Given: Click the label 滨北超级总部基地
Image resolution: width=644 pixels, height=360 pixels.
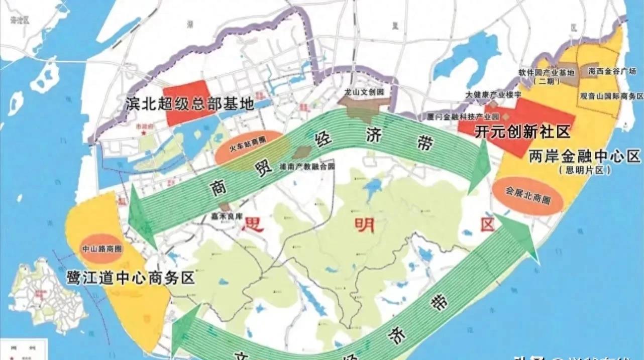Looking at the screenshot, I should (190, 104).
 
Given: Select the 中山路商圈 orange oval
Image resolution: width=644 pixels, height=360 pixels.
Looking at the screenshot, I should (101, 248).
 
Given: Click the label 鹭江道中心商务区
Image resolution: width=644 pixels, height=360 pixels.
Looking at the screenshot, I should (131, 278).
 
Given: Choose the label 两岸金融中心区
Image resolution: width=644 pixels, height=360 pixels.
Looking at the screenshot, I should (585, 157).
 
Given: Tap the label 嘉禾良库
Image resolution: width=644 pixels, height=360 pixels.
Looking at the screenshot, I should (227, 216).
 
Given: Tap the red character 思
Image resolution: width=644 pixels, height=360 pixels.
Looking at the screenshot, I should (253, 223).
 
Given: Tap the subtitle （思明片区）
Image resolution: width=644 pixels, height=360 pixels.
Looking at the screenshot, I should (585, 171).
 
